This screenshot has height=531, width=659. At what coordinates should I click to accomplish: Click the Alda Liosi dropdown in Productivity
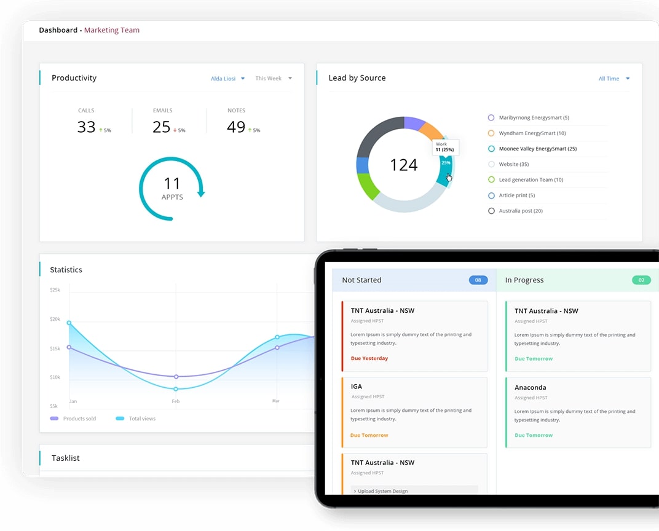click(227, 79)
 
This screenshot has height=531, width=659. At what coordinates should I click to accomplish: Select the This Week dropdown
click(273, 79)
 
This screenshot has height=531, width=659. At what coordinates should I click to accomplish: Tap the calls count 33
click(87, 127)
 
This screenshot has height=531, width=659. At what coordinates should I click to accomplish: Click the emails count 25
click(162, 127)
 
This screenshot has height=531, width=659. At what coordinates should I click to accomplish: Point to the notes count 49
click(236, 127)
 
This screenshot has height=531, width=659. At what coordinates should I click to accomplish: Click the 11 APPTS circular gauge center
click(172, 188)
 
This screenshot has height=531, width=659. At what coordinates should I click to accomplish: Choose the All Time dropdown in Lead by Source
click(614, 79)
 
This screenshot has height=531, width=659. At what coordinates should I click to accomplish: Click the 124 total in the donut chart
click(404, 165)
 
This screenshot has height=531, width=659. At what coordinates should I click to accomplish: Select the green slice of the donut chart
click(369, 186)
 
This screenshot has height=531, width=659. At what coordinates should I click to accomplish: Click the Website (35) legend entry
click(513, 164)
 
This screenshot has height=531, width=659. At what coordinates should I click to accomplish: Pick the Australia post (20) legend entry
click(520, 211)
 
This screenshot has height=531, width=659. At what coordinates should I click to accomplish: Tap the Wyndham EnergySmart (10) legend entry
click(532, 133)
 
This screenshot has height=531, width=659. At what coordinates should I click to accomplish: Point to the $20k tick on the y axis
click(55, 319)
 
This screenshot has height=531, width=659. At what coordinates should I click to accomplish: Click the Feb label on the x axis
click(176, 401)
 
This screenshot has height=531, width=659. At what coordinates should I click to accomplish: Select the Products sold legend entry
click(79, 419)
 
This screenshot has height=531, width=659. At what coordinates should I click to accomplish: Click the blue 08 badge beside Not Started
click(478, 280)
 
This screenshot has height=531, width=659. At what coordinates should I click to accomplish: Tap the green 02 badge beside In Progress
click(641, 280)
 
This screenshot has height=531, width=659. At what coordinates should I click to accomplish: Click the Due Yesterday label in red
click(369, 358)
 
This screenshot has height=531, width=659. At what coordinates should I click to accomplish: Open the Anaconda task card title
click(530, 387)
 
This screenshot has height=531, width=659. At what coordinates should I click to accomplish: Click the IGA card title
click(357, 387)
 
